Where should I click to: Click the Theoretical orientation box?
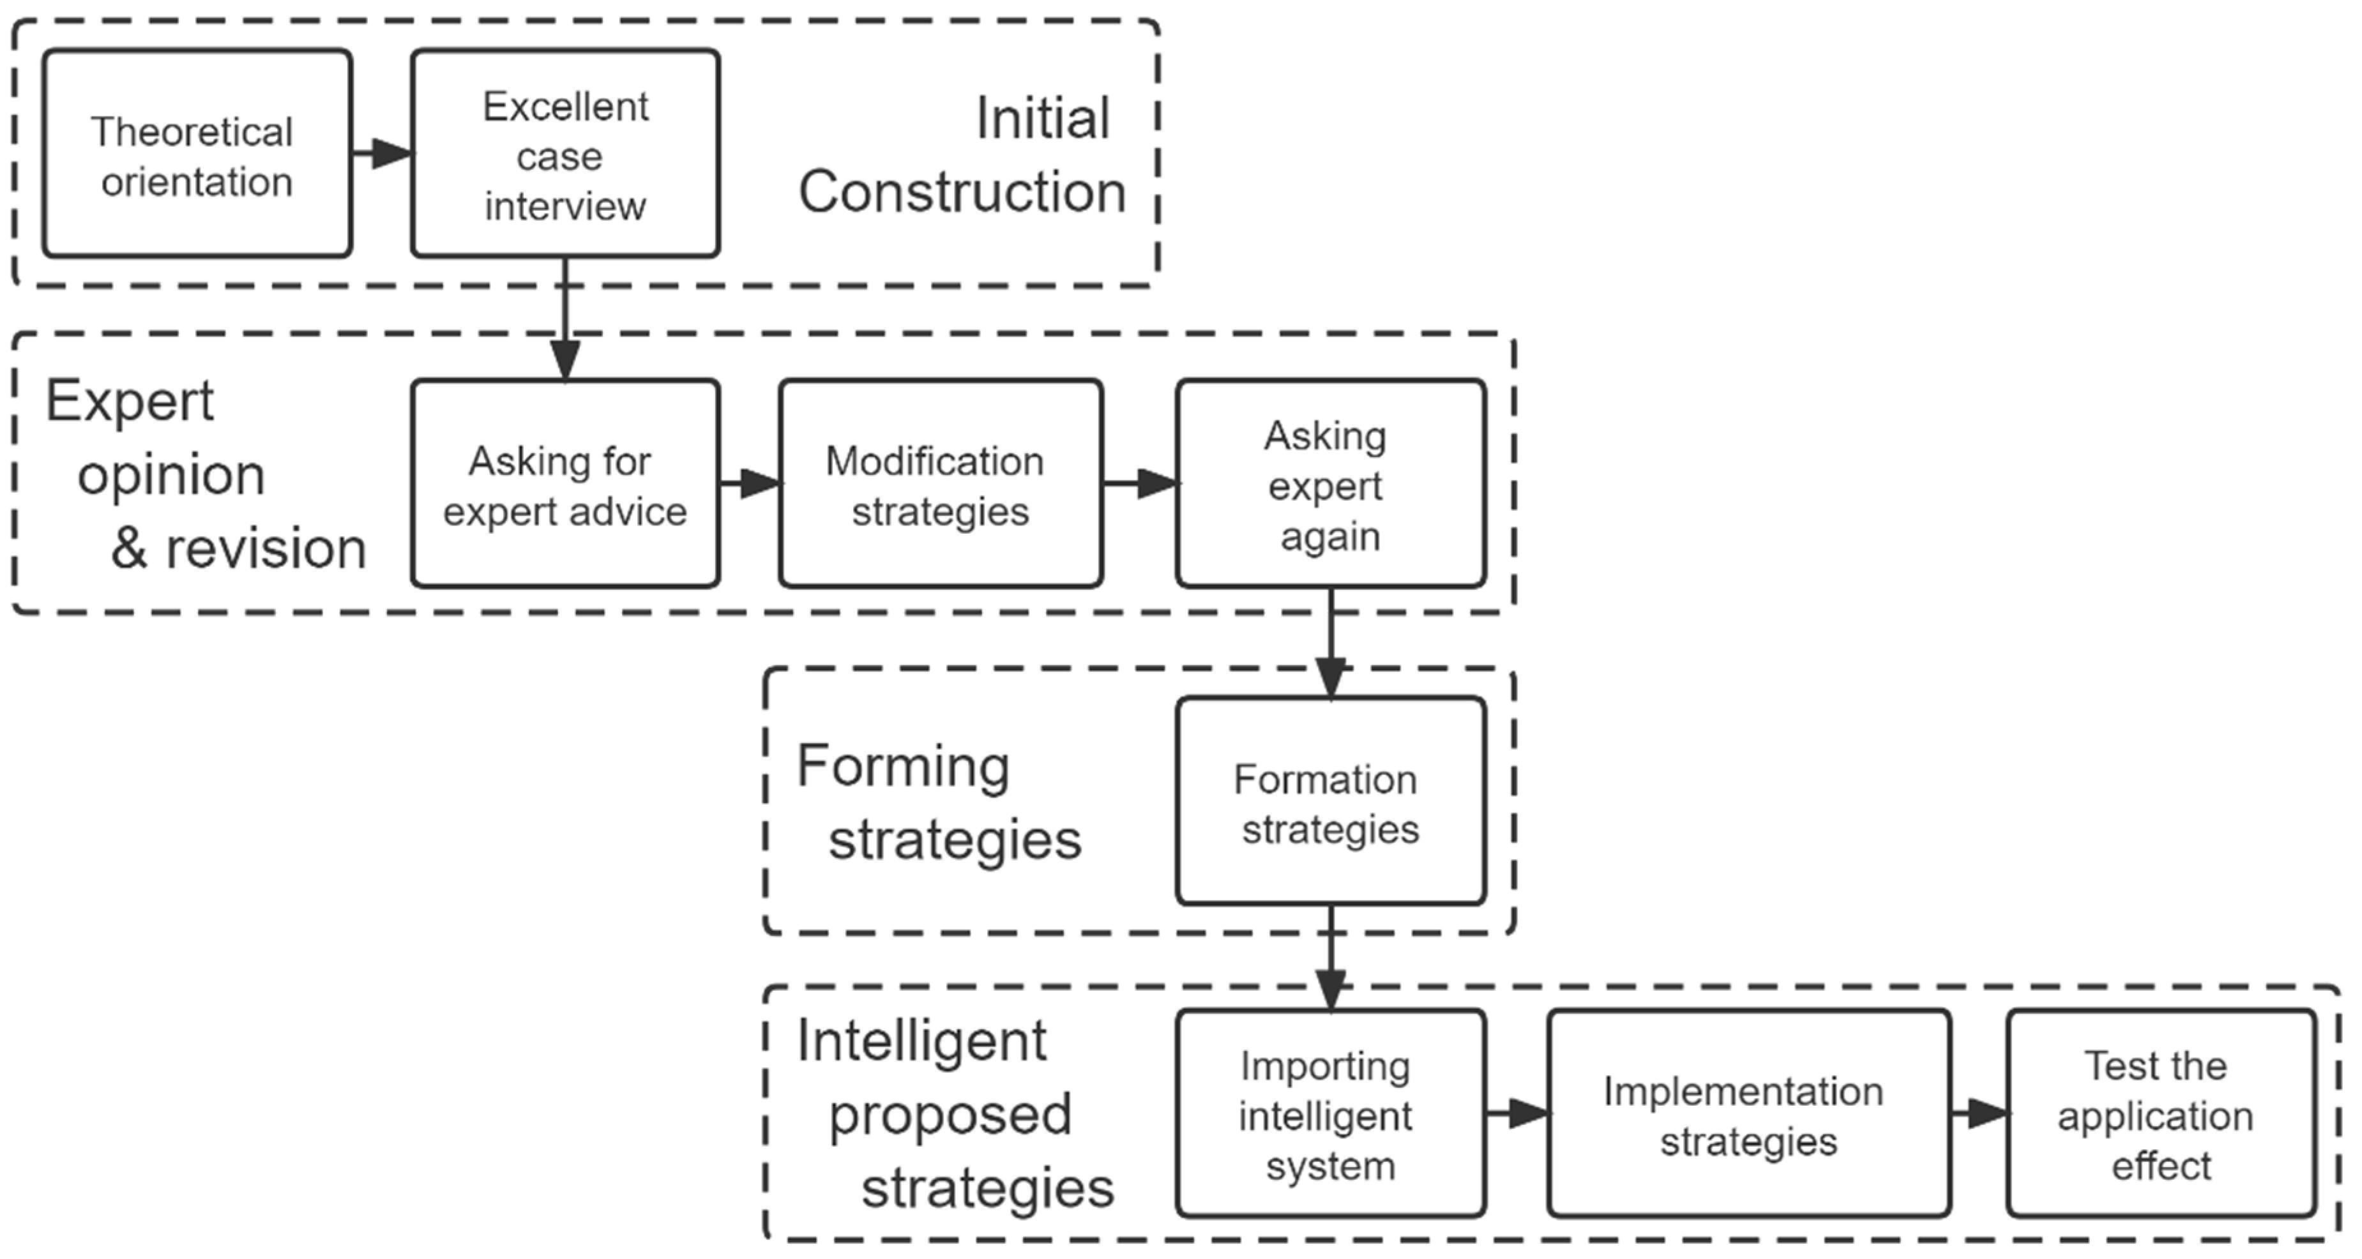click(197, 154)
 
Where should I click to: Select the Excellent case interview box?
click(565, 154)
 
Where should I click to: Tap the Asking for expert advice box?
click(565, 484)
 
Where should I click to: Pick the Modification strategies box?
click(940, 484)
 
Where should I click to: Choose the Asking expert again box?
click(1329, 484)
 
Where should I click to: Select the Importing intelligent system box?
click(1329, 1114)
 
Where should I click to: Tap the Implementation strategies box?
click(1748, 1114)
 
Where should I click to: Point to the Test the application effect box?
click(2160, 1114)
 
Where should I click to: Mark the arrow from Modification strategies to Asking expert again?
click(1140, 483)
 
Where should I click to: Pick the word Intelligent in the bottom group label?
click(921, 1042)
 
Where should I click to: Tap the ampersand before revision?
click(129, 548)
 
